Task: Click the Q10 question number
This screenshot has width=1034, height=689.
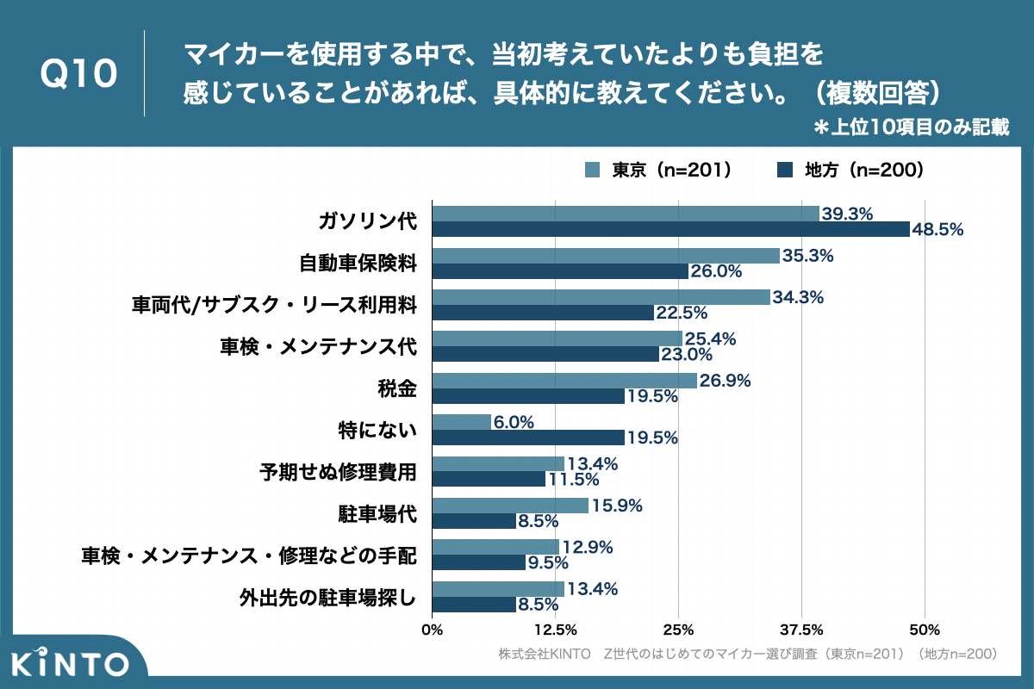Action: click(79, 74)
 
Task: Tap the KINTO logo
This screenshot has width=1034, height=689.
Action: click(72, 662)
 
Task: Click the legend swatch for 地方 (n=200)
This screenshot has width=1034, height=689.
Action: click(784, 170)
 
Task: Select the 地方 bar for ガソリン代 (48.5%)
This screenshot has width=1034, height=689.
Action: click(670, 229)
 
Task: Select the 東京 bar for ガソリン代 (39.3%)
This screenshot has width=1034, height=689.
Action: click(625, 214)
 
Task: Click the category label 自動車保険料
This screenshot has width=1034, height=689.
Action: click(358, 264)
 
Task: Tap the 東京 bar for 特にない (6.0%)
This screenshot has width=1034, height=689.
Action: click(461, 422)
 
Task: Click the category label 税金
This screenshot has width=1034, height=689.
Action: click(398, 388)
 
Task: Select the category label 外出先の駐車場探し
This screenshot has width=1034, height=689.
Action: click(327, 597)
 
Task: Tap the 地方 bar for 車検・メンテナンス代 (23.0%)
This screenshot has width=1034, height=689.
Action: click(545, 354)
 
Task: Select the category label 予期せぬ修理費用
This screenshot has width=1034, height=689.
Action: click(338, 472)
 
